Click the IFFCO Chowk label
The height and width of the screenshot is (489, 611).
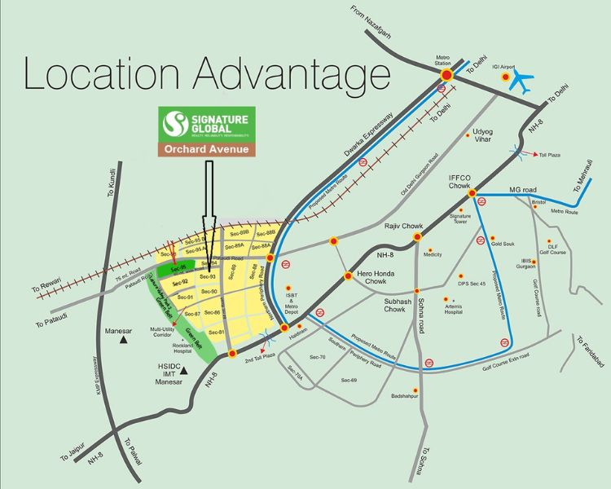pyautogui.click(x=462, y=181)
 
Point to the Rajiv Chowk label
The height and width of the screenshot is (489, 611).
pyautogui.click(x=401, y=224)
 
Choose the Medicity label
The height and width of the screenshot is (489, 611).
pyautogui.click(x=433, y=254)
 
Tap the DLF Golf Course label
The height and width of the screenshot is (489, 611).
pyautogui.click(x=557, y=249)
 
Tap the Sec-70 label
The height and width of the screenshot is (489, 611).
pyautogui.click(x=317, y=357)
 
